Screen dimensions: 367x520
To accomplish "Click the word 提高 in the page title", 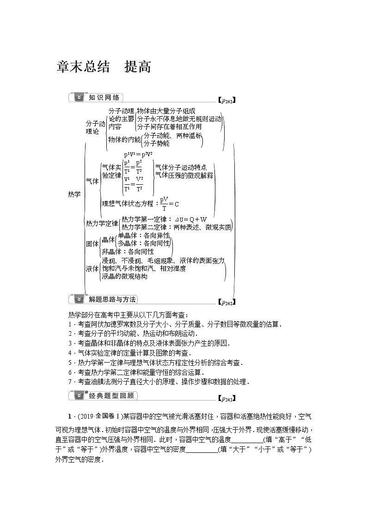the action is [x=138, y=67].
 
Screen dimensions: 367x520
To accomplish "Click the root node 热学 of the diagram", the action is [x=74, y=194].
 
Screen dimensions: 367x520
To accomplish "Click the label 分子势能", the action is [x=156, y=144].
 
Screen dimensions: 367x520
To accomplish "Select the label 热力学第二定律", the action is [x=143, y=227].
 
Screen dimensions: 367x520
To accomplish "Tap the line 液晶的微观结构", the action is [x=124, y=276].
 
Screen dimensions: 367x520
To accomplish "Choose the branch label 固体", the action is [x=92, y=244].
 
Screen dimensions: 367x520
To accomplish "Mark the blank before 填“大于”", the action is [x=202, y=450].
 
